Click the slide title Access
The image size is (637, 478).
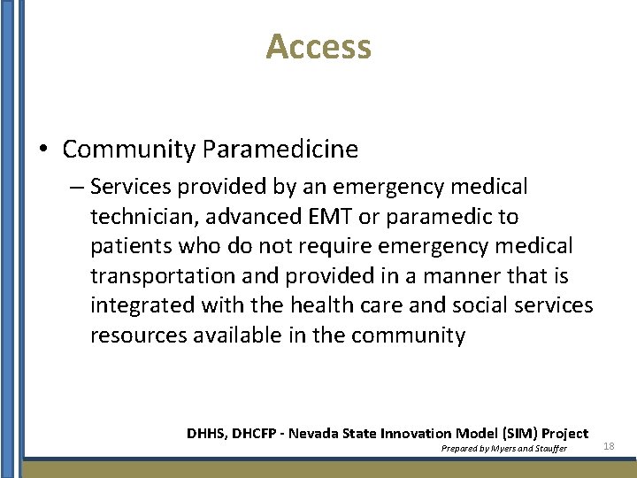[318, 47]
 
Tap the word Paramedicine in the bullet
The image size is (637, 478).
[280, 150]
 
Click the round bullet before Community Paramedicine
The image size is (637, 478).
[43, 150]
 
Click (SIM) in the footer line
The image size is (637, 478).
[520, 433]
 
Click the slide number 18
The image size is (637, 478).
[608, 447]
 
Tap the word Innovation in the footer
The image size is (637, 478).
[415, 433]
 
